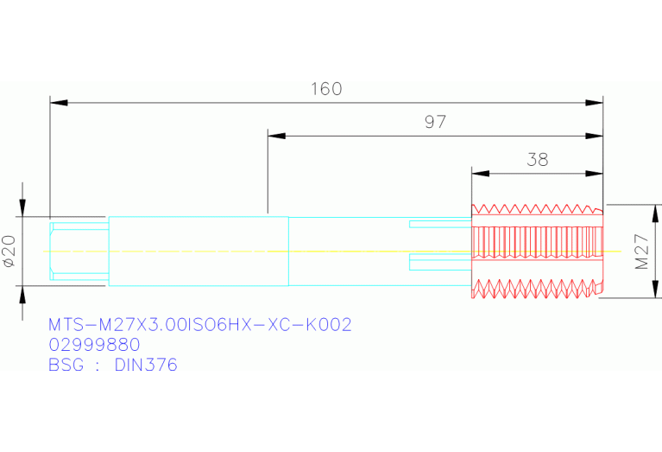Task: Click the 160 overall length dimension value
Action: click(326, 88)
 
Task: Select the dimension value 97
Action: click(435, 122)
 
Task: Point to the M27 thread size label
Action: click(642, 251)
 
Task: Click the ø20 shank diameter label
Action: click(9, 251)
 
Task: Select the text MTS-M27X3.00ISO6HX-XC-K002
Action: click(200, 325)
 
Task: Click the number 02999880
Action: click(94, 345)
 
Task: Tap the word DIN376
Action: click(146, 365)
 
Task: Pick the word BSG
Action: click(66, 365)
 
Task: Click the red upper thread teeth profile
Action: click(536, 210)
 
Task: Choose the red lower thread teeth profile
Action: click(536, 289)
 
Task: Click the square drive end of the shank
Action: click(79, 251)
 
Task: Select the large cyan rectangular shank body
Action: click(199, 251)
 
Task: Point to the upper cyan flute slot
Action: click(440, 225)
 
